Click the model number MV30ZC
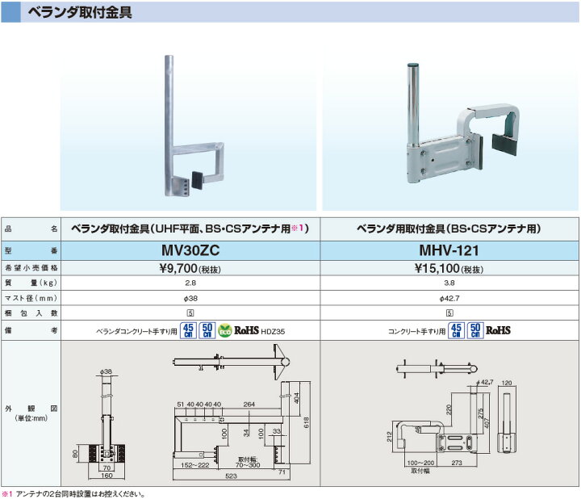(x=190, y=252)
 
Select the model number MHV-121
(x=449, y=252)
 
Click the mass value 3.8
(x=449, y=283)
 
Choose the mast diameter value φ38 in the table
(x=190, y=298)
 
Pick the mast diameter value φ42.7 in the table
(x=449, y=298)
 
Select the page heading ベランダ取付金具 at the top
(x=79, y=13)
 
